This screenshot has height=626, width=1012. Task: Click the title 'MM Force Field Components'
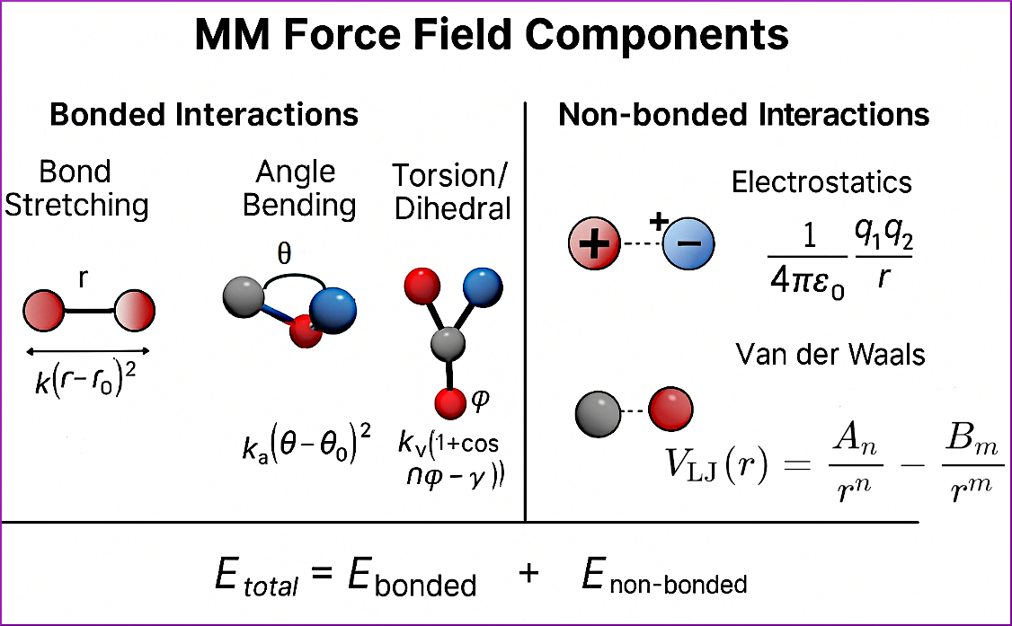[x=492, y=37]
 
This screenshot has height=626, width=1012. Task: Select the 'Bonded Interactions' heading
[x=204, y=115]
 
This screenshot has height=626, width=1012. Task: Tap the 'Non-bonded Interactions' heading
[x=743, y=115]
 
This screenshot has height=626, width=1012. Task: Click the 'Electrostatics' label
[x=821, y=182]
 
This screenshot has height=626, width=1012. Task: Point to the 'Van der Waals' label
[x=830, y=354]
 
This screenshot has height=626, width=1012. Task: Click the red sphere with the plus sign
[x=594, y=242]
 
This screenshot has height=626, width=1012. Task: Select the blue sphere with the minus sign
[x=688, y=243]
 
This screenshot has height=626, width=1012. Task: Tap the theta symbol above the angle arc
[x=283, y=254]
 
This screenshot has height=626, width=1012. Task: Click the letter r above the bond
[x=84, y=279]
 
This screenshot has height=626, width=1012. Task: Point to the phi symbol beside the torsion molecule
[x=480, y=396]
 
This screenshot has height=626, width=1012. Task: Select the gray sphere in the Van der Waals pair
[x=600, y=411]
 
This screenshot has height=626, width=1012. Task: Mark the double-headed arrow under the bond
[x=88, y=351]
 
